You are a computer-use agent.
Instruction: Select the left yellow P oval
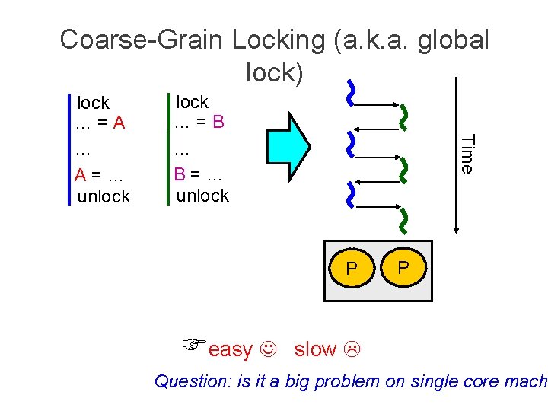(x=351, y=268)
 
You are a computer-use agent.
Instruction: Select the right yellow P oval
(x=403, y=267)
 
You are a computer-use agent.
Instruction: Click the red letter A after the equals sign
(x=119, y=123)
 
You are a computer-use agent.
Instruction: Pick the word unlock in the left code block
(x=104, y=196)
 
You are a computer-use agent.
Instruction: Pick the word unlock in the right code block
(x=202, y=196)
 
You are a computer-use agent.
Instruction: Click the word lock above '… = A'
(x=93, y=103)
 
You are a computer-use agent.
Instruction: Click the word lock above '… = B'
(x=192, y=102)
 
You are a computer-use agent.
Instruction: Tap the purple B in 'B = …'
(x=180, y=174)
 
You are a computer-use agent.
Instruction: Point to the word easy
(x=230, y=349)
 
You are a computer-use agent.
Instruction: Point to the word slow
(x=315, y=349)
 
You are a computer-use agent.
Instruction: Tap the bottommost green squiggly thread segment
(x=404, y=220)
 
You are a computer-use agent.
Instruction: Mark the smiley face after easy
(x=268, y=350)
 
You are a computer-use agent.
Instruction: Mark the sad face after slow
(x=352, y=350)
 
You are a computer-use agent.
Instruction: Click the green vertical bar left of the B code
(x=168, y=149)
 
